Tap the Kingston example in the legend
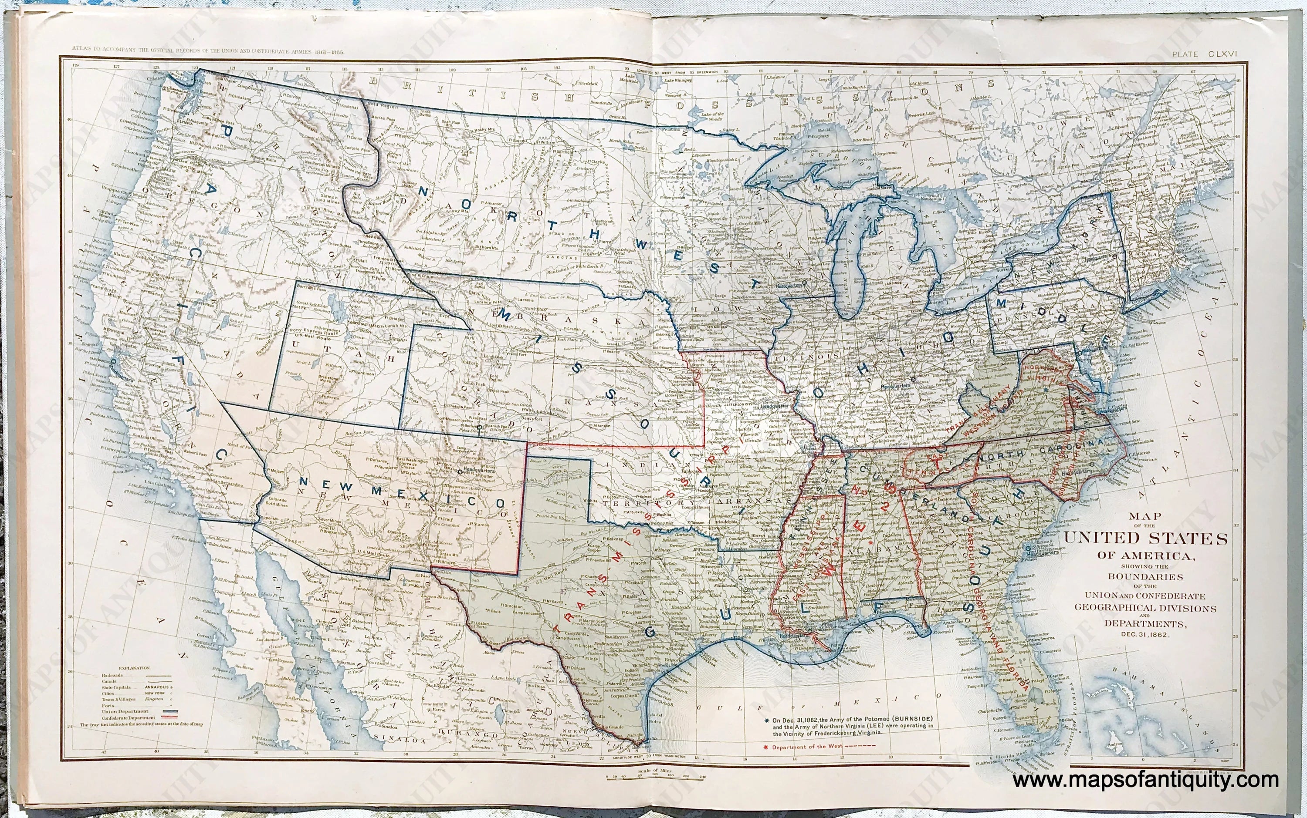click(x=154, y=699)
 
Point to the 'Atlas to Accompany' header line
click(x=208, y=51)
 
